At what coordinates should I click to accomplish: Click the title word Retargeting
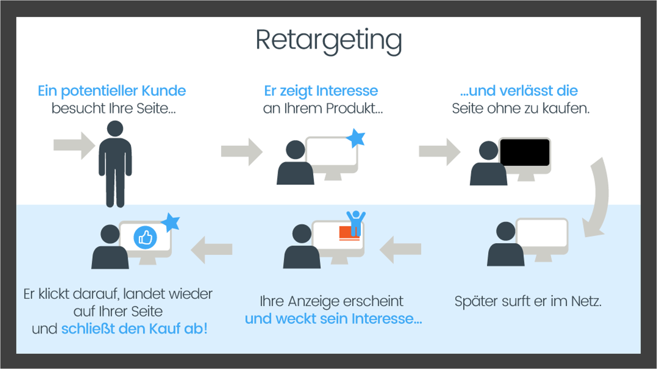[x=328, y=40]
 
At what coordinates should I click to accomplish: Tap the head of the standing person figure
[x=115, y=129]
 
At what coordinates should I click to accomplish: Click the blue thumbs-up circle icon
[x=145, y=237]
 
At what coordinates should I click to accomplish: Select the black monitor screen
[x=525, y=152]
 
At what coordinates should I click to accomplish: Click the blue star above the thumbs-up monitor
[x=170, y=222]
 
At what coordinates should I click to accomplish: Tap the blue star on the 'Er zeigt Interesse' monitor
[x=356, y=138]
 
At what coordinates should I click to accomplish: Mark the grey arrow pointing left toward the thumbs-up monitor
[x=212, y=249]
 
